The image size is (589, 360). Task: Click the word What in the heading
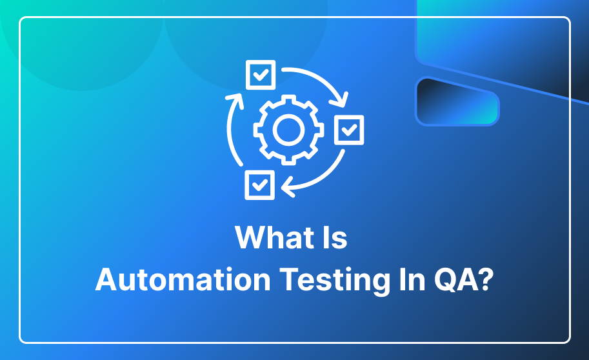tap(275, 237)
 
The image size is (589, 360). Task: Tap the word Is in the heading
tap(335, 237)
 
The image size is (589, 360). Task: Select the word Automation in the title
tap(183, 279)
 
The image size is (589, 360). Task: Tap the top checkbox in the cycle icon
tap(261, 75)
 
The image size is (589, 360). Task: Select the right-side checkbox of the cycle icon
tap(349, 130)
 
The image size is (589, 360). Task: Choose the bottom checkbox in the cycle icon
tap(259, 185)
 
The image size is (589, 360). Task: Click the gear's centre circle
tap(288, 130)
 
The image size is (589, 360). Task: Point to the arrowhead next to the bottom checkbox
tap(287, 186)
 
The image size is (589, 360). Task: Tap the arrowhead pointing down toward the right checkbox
tap(339, 99)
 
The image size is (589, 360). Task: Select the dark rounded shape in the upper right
tap(457, 101)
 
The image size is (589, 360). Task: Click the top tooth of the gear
tap(288, 99)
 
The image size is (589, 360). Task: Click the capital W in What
tap(250, 237)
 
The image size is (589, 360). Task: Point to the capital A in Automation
tap(107, 279)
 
